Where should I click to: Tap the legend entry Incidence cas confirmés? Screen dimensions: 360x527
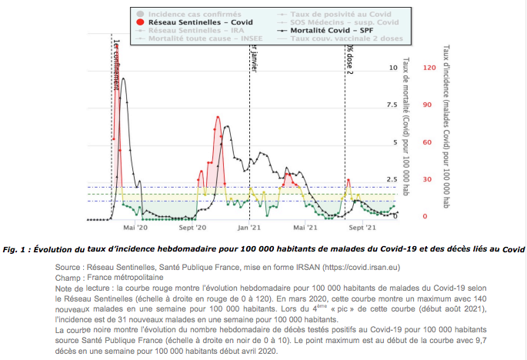click(181, 15)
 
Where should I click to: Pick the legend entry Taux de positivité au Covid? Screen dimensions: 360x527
click(320, 15)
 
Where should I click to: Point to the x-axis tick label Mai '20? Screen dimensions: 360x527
click(135, 228)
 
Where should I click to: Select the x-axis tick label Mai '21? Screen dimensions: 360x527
click(306, 228)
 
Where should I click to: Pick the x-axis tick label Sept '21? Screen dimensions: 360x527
click(361, 228)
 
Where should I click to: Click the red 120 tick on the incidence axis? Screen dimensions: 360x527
click(428, 68)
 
